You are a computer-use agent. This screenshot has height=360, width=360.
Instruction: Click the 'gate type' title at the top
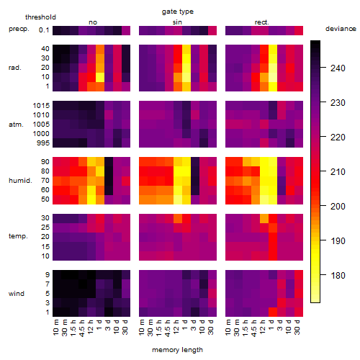click(x=178, y=12)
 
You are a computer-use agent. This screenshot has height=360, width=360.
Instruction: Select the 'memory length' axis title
click(x=177, y=350)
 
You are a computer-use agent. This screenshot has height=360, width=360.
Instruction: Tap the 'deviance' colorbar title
click(x=341, y=29)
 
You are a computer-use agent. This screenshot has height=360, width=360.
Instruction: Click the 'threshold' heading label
click(x=40, y=17)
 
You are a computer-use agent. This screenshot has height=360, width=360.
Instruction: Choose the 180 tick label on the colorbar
click(x=338, y=275)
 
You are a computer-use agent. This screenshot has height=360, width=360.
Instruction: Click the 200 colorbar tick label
click(x=338, y=206)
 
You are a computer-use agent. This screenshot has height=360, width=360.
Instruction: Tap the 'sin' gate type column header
click(x=177, y=22)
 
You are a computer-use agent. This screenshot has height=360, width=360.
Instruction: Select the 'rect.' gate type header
click(x=262, y=22)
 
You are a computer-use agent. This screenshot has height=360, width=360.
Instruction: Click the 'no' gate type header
click(x=93, y=22)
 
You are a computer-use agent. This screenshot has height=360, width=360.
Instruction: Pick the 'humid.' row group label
click(x=20, y=180)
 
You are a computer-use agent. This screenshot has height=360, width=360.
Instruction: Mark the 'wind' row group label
click(x=17, y=294)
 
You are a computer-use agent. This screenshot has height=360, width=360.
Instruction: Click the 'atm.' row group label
click(x=16, y=125)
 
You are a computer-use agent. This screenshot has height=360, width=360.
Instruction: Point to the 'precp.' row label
click(x=19, y=29)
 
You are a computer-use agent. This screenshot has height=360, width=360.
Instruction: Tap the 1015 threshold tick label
click(x=41, y=106)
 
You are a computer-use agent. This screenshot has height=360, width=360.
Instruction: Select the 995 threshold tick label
click(x=43, y=143)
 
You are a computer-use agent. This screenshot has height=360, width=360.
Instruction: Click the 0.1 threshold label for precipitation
click(x=44, y=30)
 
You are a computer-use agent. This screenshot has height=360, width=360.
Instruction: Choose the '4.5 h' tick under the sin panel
click(x=167, y=328)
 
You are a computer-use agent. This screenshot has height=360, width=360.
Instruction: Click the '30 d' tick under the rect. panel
click(x=297, y=327)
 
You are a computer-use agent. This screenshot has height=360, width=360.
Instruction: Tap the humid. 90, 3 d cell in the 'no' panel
click(x=109, y=162)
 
